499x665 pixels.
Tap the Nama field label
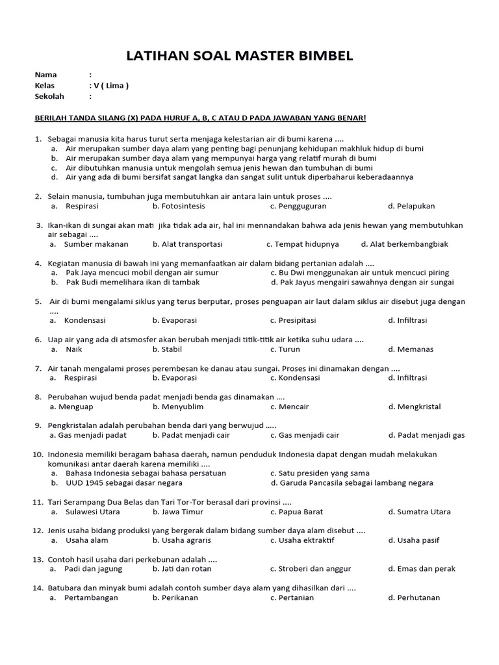(x=45, y=75)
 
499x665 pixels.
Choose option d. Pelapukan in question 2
(x=411, y=206)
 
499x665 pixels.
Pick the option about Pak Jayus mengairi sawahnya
(x=362, y=282)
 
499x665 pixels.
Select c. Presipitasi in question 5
(x=293, y=320)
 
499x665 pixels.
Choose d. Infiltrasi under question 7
(x=407, y=378)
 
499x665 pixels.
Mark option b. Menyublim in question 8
(x=177, y=407)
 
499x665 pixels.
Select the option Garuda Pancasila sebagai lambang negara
(x=352, y=483)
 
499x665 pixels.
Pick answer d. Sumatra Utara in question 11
(x=419, y=512)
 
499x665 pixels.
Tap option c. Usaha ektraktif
(x=302, y=540)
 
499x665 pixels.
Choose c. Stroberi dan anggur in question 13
(x=311, y=569)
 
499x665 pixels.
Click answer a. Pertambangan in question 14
(x=85, y=597)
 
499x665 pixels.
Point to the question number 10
(x=38, y=454)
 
